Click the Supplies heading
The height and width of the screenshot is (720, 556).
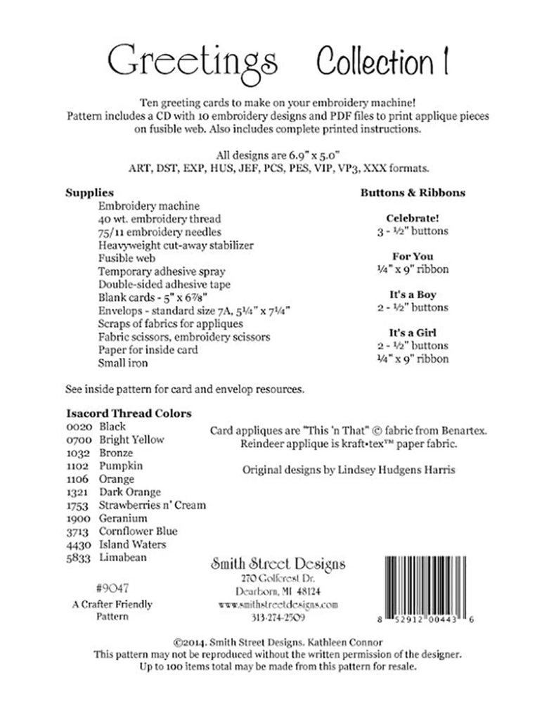(x=90, y=193)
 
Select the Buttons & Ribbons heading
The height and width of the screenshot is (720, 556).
(x=403, y=193)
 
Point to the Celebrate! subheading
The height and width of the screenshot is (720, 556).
(x=403, y=218)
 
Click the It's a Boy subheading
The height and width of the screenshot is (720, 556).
(x=403, y=295)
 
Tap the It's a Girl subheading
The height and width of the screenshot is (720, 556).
(x=403, y=333)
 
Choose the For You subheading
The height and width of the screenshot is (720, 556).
(x=403, y=257)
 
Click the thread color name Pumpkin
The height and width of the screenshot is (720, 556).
(x=122, y=465)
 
